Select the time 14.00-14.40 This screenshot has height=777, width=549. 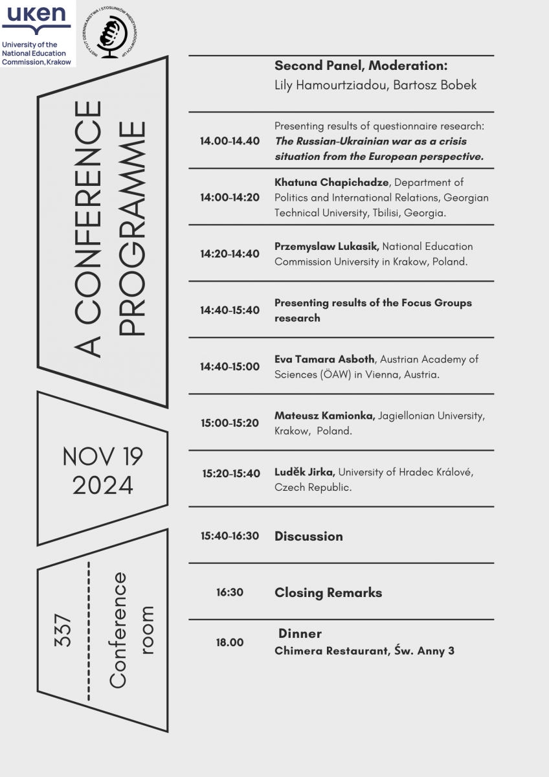(x=230, y=141)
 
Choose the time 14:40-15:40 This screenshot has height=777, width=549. (x=230, y=310)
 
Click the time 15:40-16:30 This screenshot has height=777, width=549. (x=230, y=536)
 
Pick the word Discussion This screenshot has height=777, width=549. (x=309, y=536)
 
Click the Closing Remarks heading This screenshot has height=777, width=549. (x=328, y=592)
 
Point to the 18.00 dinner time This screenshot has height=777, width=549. (x=230, y=642)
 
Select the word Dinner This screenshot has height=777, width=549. (x=300, y=633)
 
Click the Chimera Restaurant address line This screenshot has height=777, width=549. (x=364, y=651)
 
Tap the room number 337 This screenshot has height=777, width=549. (x=64, y=630)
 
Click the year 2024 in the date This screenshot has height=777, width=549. (x=103, y=484)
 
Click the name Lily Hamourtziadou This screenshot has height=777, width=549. (x=331, y=85)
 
